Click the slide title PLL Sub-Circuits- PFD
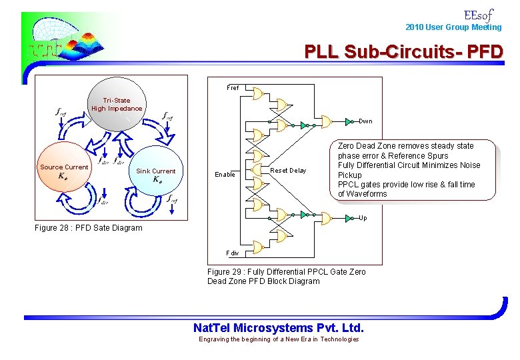coord(404,51)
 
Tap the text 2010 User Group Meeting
coord(453,27)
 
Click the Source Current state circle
coord(65,171)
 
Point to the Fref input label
coord(233,88)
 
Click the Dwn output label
coord(366,121)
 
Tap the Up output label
coord(363,218)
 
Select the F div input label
coord(233,253)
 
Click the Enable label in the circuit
coord(225,175)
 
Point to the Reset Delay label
coord(289,171)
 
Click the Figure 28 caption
coord(88,228)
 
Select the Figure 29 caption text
coord(286,277)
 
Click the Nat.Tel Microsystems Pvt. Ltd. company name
coord(278,327)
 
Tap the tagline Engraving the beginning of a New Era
coord(279,339)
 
